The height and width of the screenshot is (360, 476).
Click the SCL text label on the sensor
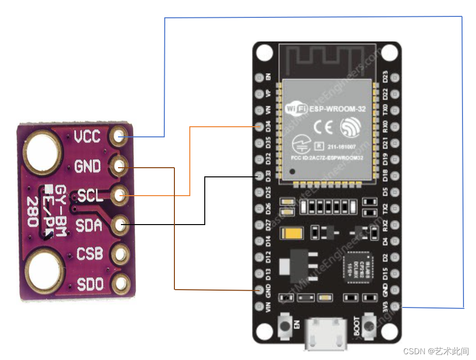[x=90, y=196]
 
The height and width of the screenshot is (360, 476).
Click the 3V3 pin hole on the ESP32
[x=396, y=306]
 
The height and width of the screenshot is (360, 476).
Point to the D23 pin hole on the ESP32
[x=396, y=77]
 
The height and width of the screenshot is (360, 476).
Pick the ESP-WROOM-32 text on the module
[x=337, y=109]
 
